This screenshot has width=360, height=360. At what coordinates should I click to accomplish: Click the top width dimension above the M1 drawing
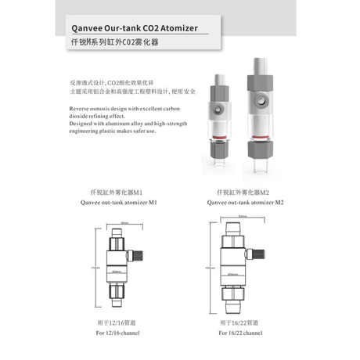tap(124, 222)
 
